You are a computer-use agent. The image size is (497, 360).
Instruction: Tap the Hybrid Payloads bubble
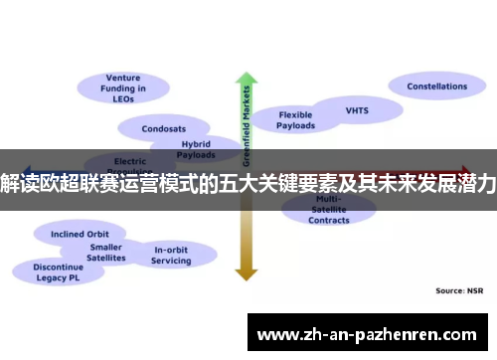[x=195, y=149]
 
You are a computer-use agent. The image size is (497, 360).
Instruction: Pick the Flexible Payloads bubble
[x=295, y=119]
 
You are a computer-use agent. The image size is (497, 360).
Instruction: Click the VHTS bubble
[x=356, y=110]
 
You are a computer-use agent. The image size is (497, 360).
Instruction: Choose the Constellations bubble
[x=436, y=87]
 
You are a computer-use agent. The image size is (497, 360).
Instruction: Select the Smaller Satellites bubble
[x=106, y=252]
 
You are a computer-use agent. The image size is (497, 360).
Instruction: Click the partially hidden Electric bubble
[x=130, y=160]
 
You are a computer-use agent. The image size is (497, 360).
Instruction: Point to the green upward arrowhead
[x=246, y=79]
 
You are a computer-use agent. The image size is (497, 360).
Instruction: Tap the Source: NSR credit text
[x=457, y=290]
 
